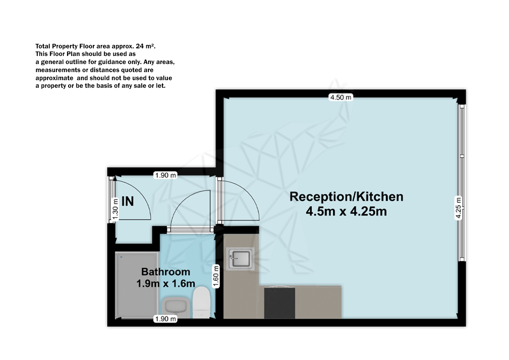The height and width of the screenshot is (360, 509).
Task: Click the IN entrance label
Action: click(128, 201)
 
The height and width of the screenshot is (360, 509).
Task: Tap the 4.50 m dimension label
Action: click(341, 98)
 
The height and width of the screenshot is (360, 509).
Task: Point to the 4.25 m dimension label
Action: click(458, 208)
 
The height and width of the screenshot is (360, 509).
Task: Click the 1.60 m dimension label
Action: click(216, 276)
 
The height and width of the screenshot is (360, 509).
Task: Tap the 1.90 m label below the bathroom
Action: click(165, 319)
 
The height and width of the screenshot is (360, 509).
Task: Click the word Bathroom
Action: click(165, 272)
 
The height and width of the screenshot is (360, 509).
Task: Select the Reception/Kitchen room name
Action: click(346, 197)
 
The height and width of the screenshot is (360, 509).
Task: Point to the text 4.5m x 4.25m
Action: click(346, 211)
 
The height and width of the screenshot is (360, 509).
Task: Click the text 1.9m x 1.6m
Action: click(165, 283)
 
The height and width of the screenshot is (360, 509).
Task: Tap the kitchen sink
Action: click(241, 259)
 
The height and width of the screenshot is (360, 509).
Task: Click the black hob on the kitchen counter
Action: click(279, 303)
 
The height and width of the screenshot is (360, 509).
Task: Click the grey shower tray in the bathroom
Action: click(137, 284)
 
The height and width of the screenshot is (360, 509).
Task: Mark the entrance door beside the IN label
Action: click(131, 199)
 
